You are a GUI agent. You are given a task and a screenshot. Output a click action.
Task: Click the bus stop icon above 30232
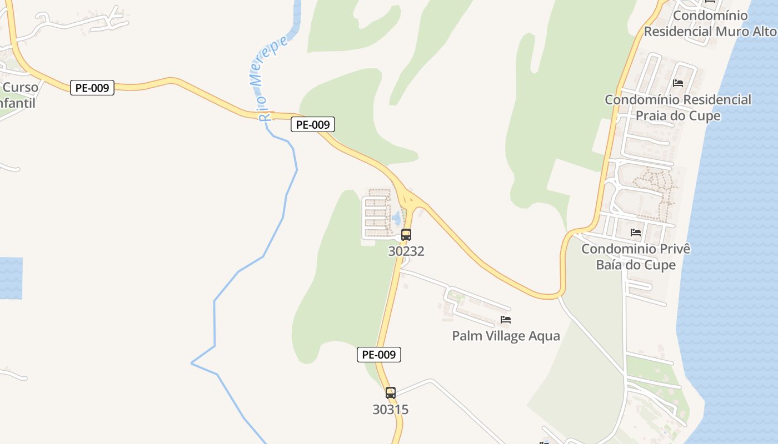406,235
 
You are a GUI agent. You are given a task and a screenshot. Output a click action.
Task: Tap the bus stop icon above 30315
391,393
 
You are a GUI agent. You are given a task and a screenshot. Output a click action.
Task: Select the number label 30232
406,251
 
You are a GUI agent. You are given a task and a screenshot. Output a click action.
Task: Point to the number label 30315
391,410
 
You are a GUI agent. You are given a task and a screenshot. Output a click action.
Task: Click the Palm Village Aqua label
506,336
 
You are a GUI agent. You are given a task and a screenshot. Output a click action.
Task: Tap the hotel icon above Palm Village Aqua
506,320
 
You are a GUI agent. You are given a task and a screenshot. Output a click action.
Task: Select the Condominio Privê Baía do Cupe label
636,256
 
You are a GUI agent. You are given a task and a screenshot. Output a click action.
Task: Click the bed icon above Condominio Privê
636,232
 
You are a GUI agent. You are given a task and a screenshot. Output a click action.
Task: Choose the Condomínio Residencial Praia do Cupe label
678,108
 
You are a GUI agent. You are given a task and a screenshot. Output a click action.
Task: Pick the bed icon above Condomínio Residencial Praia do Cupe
678,83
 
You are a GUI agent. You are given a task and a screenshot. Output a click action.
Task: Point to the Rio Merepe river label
271,78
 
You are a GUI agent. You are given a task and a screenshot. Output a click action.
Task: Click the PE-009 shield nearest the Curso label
92,88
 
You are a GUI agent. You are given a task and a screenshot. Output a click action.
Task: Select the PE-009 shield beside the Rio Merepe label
313,125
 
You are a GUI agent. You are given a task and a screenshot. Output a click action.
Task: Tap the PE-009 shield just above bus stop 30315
379,355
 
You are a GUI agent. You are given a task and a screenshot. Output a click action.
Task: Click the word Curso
21,87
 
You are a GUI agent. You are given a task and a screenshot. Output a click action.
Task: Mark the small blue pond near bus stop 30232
396,217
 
